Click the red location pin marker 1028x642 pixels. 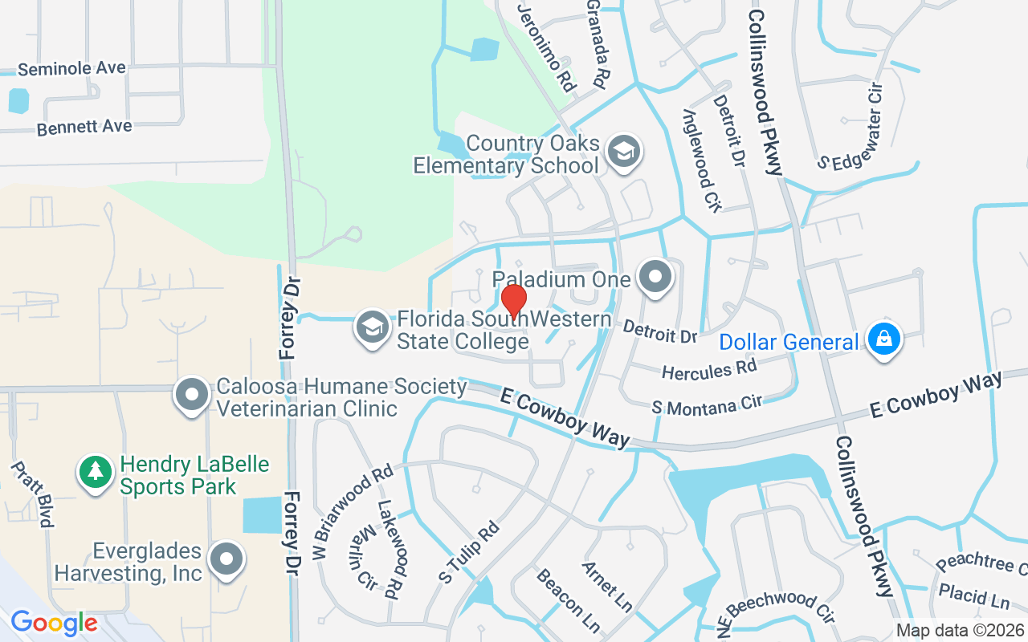[514, 301]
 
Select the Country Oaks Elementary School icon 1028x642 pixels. [622, 151]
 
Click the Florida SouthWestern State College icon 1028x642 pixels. [372, 327]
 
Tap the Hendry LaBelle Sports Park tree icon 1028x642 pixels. [96, 472]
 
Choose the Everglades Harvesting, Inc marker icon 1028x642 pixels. [226, 559]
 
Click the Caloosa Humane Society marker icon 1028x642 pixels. [192, 395]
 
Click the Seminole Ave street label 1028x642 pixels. [71, 69]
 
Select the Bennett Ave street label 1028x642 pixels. [84, 127]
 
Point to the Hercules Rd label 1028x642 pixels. [709, 370]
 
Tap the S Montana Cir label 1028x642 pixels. [707, 405]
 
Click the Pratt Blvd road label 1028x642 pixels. [33, 494]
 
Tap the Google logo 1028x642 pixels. [54, 623]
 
